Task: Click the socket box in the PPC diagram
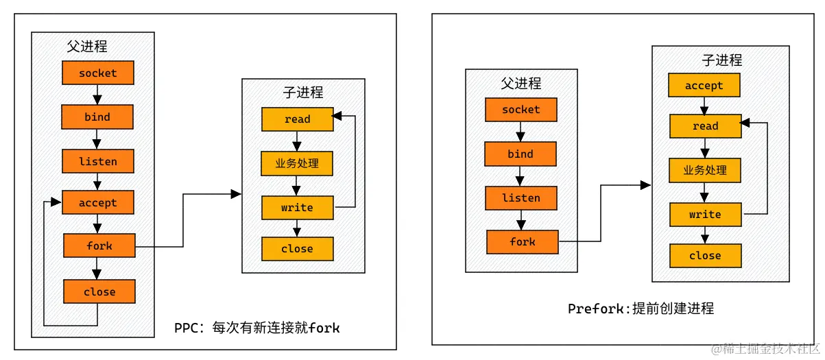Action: pos(97,73)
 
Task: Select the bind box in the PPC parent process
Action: pos(97,117)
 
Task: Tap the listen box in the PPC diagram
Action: pos(97,162)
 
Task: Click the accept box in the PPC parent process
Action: pos(97,203)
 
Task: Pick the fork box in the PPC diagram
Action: pos(99,245)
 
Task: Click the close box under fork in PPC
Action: pos(99,291)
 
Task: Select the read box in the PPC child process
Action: pos(297,119)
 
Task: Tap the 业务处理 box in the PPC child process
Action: pos(297,164)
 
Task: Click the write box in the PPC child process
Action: pos(297,207)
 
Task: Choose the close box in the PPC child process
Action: pos(297,249)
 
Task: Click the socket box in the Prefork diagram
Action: pos(521,110)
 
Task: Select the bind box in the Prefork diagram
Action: pos(521,154)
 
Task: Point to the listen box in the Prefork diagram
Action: pos(521,198)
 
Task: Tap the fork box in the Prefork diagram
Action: pos(522,241)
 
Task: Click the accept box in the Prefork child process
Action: pos(704,86)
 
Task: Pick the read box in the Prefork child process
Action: pos(705,126)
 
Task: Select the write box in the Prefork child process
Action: pos(705,215)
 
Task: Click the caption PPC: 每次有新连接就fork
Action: pos(257,328)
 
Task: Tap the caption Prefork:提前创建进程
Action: pos(641,309)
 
